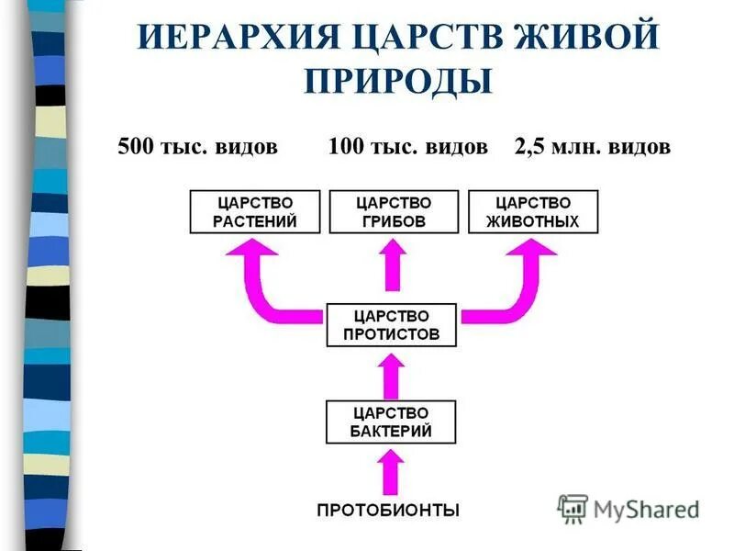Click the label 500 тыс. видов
[x=197, y=148]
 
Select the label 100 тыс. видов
[x=407, y=148]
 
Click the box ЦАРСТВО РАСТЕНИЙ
[x=255, y=211]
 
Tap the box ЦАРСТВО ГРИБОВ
[x=392, y=211]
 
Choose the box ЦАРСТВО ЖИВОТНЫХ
[x=532, y=211]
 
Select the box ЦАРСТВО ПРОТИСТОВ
[x=392, y=324]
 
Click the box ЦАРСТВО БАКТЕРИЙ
[x=392, y=422]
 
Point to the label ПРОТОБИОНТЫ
[x=388, y=510]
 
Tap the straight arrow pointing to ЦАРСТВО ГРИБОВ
[x=392, y=268]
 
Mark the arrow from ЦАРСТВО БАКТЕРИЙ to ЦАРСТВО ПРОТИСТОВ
[x=392, y=373]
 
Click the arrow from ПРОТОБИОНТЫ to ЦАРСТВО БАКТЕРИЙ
[x=392, y=470]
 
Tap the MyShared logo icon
[x=573, y=508]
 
